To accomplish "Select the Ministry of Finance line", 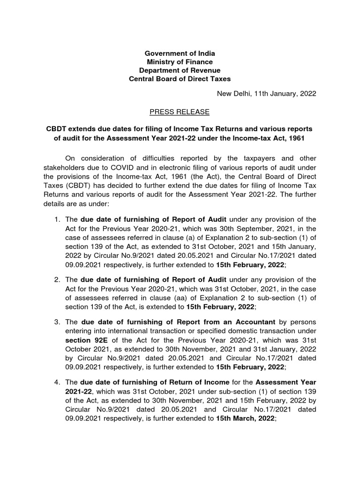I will point(180,62).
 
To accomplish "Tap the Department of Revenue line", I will point(180,70).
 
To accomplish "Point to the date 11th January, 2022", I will point(286,93).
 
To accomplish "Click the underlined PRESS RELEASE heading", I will point(180,112).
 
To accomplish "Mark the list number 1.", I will point(56,219).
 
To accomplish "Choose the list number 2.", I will point(56,280).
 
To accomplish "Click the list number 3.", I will point(56,322).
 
